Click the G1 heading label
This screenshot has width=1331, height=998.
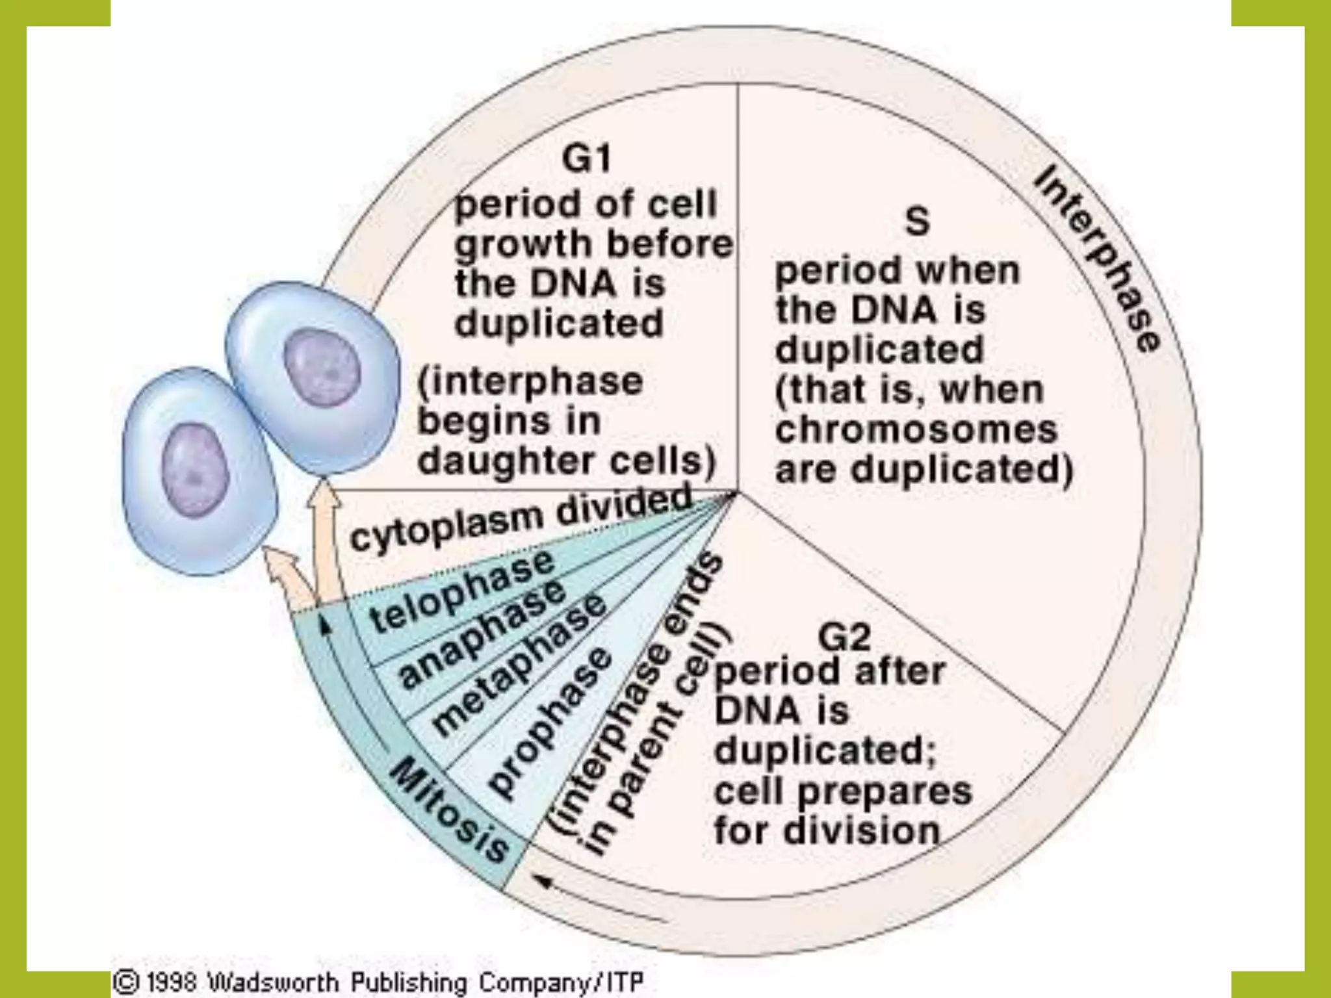[586, 159]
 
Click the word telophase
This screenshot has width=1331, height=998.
[461, 591]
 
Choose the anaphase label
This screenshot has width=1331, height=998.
[482, 633]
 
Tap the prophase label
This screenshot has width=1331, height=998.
[550, 721]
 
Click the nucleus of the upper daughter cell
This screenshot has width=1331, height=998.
[323, 368]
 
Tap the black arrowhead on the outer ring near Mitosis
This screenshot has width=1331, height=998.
[543, 881]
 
